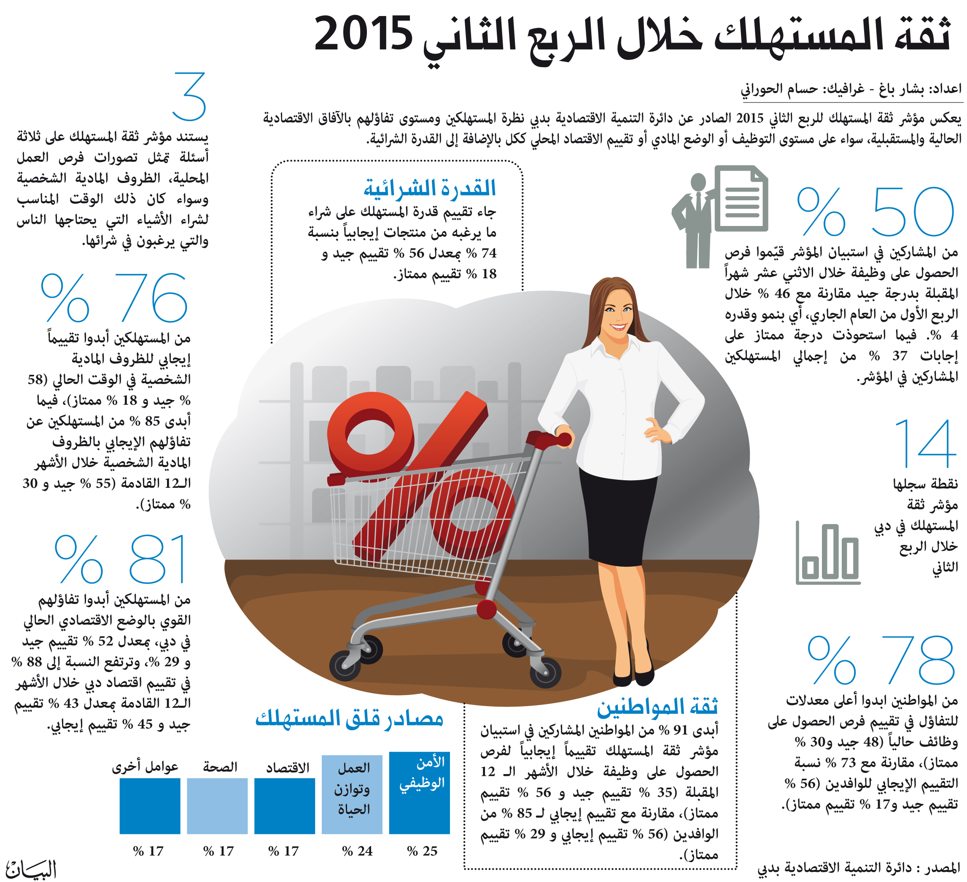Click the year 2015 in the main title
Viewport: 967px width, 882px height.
tap(363, 34)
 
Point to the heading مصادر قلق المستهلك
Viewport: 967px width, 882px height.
tap(349, 718)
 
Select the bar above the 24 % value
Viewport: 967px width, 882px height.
tap(352, 794)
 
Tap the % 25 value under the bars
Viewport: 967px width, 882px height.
tap(422, 850)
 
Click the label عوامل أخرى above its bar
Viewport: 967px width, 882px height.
tap(145, 767)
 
